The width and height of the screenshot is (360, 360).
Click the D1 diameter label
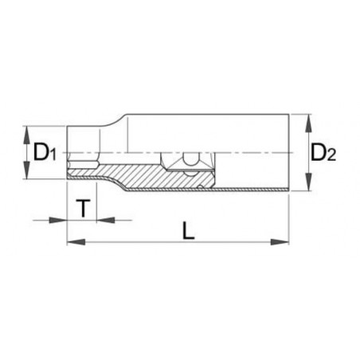click(44, 152)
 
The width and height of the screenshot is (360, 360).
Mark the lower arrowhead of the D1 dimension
click(26, 175)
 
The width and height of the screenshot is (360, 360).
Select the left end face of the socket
click(67, 151)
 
